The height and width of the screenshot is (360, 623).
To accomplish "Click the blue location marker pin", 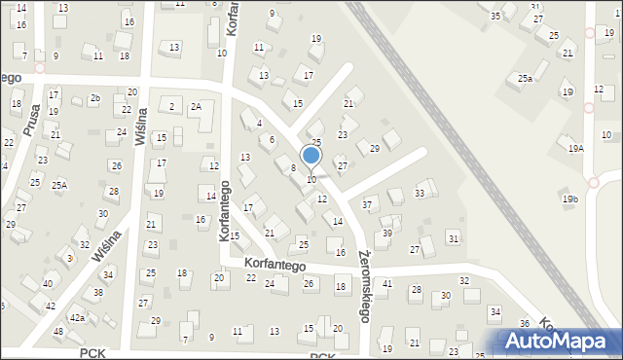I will (311, 156).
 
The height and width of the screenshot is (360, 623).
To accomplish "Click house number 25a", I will (525, 78).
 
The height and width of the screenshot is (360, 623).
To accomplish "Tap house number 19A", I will (576, 148).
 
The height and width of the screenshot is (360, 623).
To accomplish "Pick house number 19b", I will (569, 199).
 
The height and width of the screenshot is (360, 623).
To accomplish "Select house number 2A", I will (196, 107).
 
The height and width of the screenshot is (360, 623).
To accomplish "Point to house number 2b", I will (94, 98).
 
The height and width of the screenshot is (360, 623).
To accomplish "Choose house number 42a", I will (77, 317).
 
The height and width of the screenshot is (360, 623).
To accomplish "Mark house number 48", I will (58, 332).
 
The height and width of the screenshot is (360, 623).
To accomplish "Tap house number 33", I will (420, 194).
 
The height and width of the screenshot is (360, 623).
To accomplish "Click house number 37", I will (367, 204).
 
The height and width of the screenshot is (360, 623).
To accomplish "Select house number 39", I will (386, 234).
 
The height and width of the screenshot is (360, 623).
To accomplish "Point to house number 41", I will (387, 283).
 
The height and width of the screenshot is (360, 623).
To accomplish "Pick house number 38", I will (98, 292).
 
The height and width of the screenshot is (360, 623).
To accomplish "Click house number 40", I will (48, 284).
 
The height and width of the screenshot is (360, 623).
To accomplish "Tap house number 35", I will (495, 16).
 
